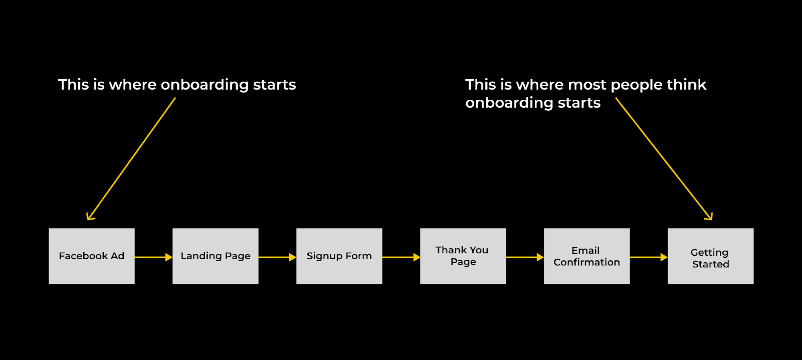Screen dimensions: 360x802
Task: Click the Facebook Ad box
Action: click(92, 256)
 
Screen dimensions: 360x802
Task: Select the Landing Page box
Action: click(216, 256)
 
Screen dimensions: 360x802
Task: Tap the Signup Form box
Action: click(339, 256)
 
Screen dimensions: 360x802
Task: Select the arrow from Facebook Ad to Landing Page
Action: click(153, 257)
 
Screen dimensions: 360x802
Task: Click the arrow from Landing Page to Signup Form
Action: click(277, 257)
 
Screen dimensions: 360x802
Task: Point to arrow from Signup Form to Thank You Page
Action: click(401, 257)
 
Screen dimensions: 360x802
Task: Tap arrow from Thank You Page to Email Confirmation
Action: click(525, 257)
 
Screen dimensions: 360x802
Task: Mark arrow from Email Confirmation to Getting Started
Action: click(649, 257)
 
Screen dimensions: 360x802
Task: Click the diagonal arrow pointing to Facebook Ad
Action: click(131, 159)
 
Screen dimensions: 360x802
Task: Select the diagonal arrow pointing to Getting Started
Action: click(664, 158)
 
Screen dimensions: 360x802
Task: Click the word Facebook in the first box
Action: click(83, 256)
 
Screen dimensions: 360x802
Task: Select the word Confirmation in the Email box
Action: click(586, 262)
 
